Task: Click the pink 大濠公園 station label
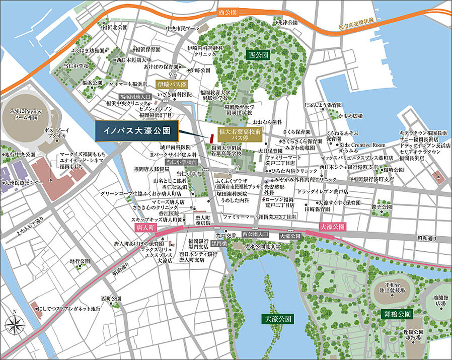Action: coord(333,227)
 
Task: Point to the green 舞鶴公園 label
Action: coord(397,314)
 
